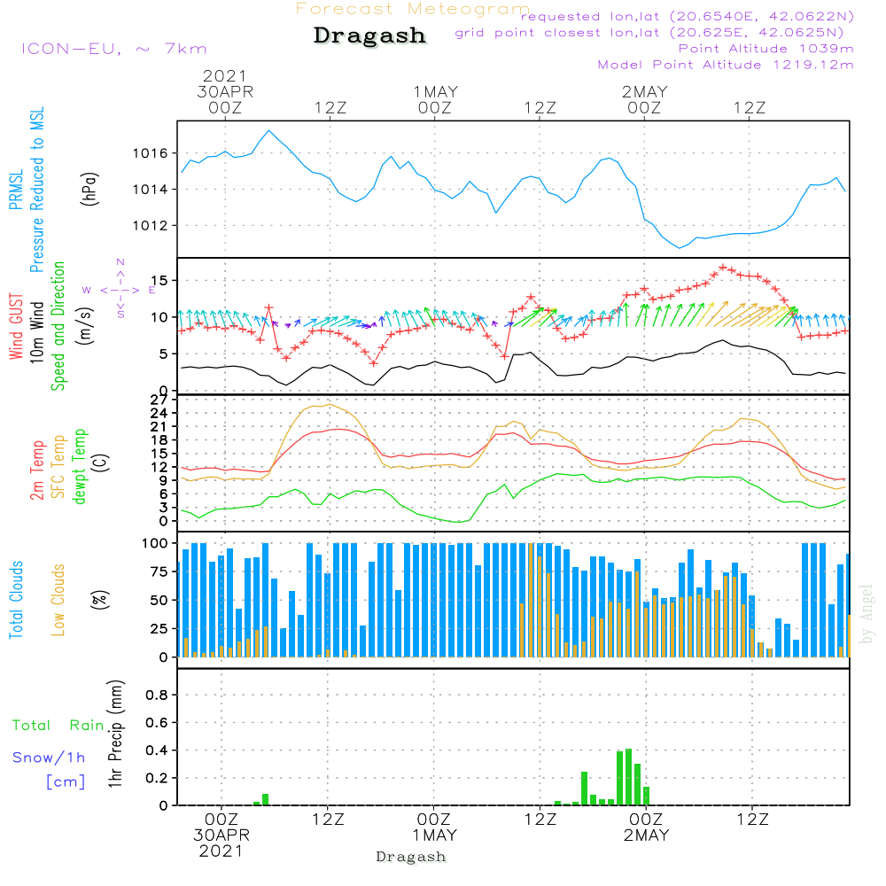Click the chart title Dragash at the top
pos(369,36)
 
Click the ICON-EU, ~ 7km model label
pos(113,49)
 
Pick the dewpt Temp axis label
pos(81,467)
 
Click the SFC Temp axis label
pos(59,467)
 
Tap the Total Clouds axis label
pos(17,600)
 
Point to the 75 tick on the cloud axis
pos(157,571)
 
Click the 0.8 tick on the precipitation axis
pos(157,695)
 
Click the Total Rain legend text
pos(58,726)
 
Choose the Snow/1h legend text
pos(50,758)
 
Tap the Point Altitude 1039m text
pos(766,48)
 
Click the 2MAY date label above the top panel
pos(644,91)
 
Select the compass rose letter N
pos(120,261)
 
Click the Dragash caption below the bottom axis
pos(411,857)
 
